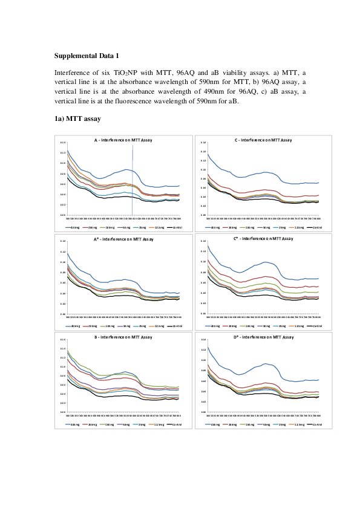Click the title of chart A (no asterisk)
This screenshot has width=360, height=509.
[x=123, y=140]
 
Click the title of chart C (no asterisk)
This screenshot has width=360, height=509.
[x=263, y=140]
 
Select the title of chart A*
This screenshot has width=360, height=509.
[x=123, y=239]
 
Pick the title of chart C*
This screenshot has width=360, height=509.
[x=263, y=239]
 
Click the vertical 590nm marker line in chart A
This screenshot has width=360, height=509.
[x=132, y=181]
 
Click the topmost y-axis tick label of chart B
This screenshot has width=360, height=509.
[x=62, y=341]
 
